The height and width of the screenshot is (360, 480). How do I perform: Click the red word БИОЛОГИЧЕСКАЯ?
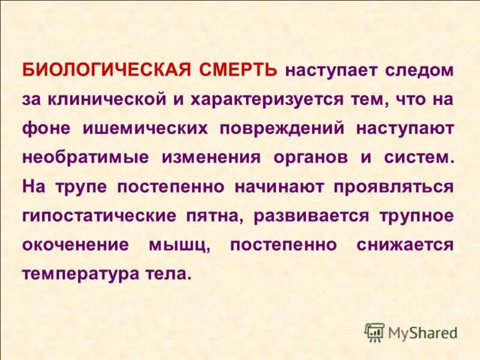click(106, 70)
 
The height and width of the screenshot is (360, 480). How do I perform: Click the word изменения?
click(212, 158)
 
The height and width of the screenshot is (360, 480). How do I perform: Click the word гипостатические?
click(100, 216)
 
